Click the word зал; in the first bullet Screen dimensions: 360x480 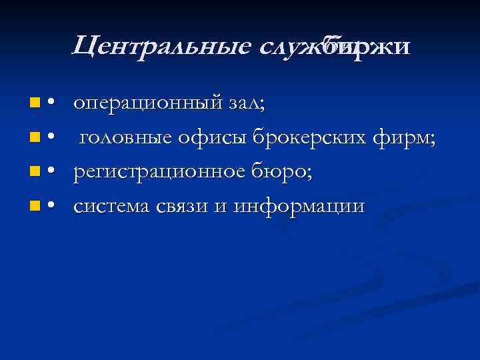tap(247, 103)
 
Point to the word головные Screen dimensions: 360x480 tap(125, 138)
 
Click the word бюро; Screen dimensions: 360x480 tap(284, 173)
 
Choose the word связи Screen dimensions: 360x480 tap(181, 207)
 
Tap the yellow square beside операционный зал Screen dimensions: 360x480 tap(34, 104)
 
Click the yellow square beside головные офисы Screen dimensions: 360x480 tap(34, 139)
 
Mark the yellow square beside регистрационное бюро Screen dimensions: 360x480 tap(34, 173)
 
